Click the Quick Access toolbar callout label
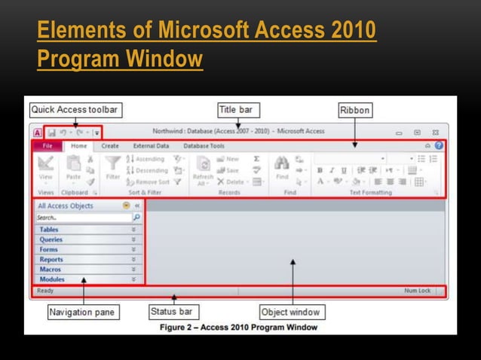[x=74, y=109]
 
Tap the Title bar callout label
[x=236, y=109]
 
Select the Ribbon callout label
[x=354, y=110]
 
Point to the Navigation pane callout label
[x=81, y=312]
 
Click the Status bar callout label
[x=172, y=311]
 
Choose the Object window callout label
[x=290, y=312]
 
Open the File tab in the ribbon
[x=47, y=145]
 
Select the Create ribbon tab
[x=110, y=145]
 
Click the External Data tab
[x=151, y=145]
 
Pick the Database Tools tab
[x=204, y=145]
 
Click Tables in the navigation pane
[x=49, y=230]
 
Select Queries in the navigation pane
[x=51, y=239]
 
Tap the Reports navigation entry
[x=51, y=259]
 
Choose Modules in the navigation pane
[x=52, y=279]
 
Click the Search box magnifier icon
[x=136, y=217]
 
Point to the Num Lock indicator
[x=417, y=290]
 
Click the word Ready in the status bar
[x=45, y=290]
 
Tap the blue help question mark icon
[x=438, y=145]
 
